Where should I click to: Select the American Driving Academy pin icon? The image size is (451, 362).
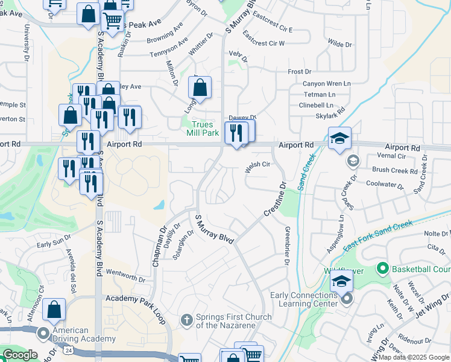43,333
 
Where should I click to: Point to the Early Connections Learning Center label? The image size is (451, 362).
304,299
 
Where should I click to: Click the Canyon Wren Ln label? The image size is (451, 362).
327,84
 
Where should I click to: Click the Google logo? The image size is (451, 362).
19,355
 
